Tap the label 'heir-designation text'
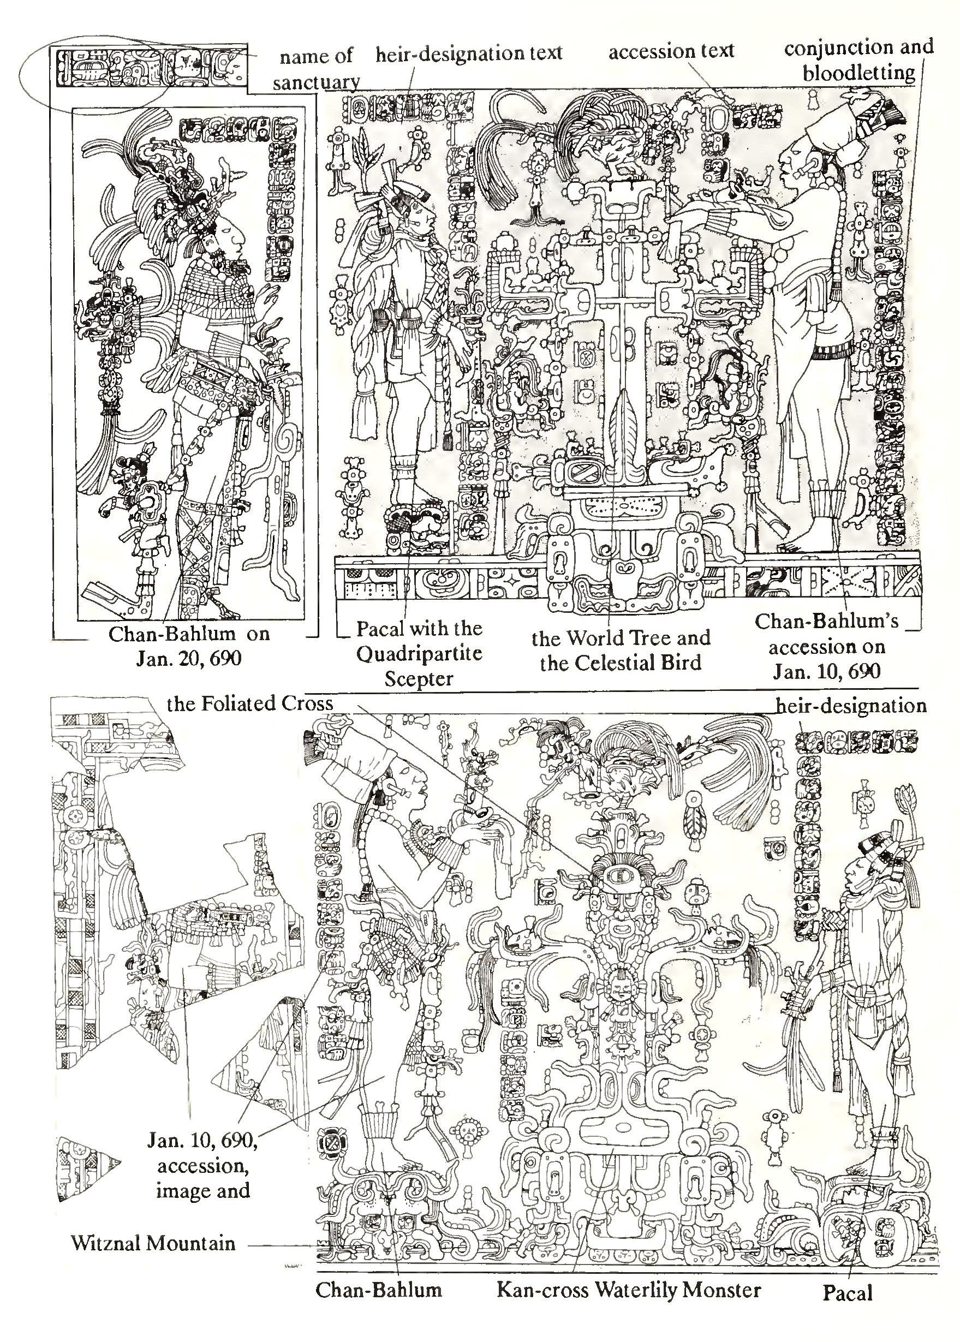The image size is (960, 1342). click(468, 53)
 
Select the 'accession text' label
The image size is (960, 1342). click(671, 52)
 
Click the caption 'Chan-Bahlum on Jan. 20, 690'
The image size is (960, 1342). click(189, 646)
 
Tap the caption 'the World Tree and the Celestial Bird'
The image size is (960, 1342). click(620, 651)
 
